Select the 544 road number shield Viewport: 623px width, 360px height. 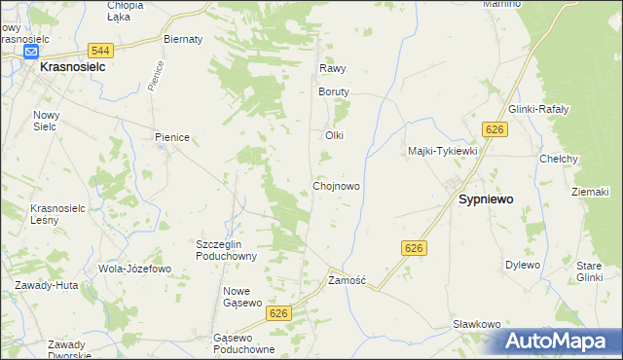coord(98,50)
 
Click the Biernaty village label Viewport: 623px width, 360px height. coord(183,39)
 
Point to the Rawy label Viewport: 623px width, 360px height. coord(333,69)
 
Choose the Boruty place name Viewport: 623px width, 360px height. coord(333,91)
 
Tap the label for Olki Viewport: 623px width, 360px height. coord(335,135)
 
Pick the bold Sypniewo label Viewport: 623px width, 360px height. coord(486,198)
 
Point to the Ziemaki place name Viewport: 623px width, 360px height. coord(590,192)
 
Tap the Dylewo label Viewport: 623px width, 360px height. coord(522,265)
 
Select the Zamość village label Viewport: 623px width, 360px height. coord(347,280)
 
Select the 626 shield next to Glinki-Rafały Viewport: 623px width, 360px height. coord(495,129)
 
